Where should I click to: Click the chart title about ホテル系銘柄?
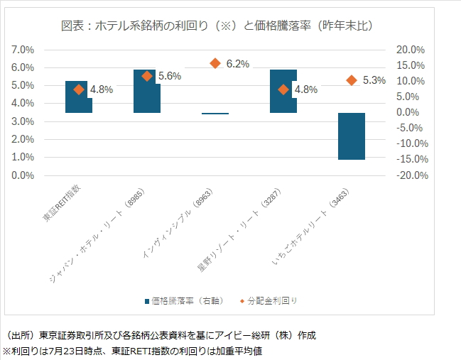(x=217, y=26)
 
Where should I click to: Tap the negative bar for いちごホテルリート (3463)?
(x=351, y=136)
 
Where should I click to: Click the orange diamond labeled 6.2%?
(x=215, y=63)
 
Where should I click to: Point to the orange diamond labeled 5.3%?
(x=352, y=80)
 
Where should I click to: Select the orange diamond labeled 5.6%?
(x=147, y=76)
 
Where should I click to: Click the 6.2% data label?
(x=238, y=64)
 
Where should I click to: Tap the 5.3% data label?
(x=374, y=81)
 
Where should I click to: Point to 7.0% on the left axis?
(x=23, y=50)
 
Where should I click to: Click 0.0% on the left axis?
(x=23, y=175)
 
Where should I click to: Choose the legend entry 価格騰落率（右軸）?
(x=188, y=301)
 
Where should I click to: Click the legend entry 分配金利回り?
(x=272, y=301)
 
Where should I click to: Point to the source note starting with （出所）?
(x=161, y=335)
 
